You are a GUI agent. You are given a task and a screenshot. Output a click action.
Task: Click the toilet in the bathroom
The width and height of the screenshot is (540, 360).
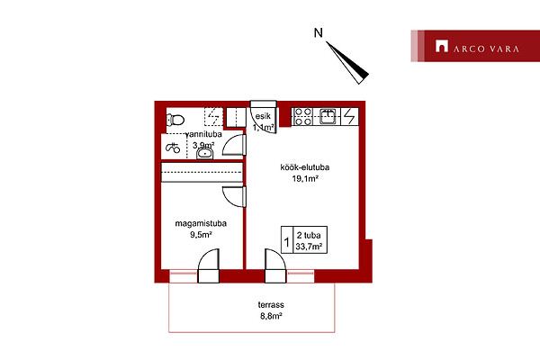pyautogui.click(x=175, y=120)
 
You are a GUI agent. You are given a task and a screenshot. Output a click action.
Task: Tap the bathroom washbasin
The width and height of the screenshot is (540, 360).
pyautogui.click(x=205, y=153)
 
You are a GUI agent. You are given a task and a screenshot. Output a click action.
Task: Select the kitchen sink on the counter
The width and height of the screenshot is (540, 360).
pyautogui.click(x=328, y=116)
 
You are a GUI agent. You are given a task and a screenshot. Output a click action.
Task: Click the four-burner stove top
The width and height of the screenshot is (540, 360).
pyautogui.click(x=303, y=116)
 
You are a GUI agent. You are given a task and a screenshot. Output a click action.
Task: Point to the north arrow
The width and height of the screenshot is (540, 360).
pyautogui.click(x=347, y=63)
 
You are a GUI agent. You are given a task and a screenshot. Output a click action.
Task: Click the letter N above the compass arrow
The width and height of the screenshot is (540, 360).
pyautogui.click(x=319, y=33)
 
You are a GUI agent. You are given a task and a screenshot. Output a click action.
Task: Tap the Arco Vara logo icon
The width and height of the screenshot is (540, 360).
pyautogui.click(x=442, y=46)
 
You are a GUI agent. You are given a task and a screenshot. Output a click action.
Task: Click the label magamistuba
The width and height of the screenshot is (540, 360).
pyautogui.click(x=201, y=223)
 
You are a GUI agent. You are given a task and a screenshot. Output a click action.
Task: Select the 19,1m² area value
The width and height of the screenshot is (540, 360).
pyautogui.click(x=305, y=178)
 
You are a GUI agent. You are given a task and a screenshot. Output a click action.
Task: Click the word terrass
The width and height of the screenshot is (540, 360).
pyautogui.click(x=271, y=305)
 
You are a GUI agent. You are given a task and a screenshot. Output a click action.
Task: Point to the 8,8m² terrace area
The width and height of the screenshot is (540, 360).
pyautogui.click(x=271, y=316)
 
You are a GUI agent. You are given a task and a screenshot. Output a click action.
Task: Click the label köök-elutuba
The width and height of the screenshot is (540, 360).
pyautogui.click(x=305, y=167)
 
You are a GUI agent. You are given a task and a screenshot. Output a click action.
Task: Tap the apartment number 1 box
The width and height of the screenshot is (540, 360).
pyautogui.click(x=287, y=240)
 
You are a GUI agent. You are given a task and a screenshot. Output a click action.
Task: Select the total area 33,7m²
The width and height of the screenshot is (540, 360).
pyautogui.click(x=309, y=247)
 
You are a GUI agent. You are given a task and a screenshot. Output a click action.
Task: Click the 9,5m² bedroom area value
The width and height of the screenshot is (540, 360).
pyautogui.click(x=201, y=235)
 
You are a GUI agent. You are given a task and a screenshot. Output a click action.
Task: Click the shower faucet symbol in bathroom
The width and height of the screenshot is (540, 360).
pyautogui.click(x=173, y=148)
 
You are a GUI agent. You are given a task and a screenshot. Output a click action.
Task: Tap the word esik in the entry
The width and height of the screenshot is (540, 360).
pyautogui.click(x=263, y=116)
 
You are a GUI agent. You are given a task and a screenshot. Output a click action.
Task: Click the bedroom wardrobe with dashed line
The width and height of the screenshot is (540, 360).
pyautogui.click(x=202, y=172)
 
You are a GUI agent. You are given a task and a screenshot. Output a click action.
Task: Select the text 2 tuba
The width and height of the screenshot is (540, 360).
pyautogui.click(x=309, y=235)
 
